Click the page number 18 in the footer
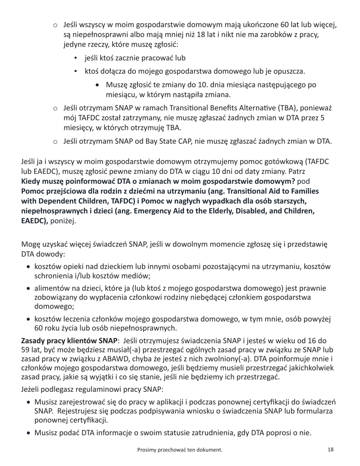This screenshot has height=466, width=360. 330,450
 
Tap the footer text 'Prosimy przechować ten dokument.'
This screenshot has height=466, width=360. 180,450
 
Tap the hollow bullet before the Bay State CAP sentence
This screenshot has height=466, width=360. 55,142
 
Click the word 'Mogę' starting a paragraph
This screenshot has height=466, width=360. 30,244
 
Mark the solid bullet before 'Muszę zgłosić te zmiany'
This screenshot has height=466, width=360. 99,85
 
